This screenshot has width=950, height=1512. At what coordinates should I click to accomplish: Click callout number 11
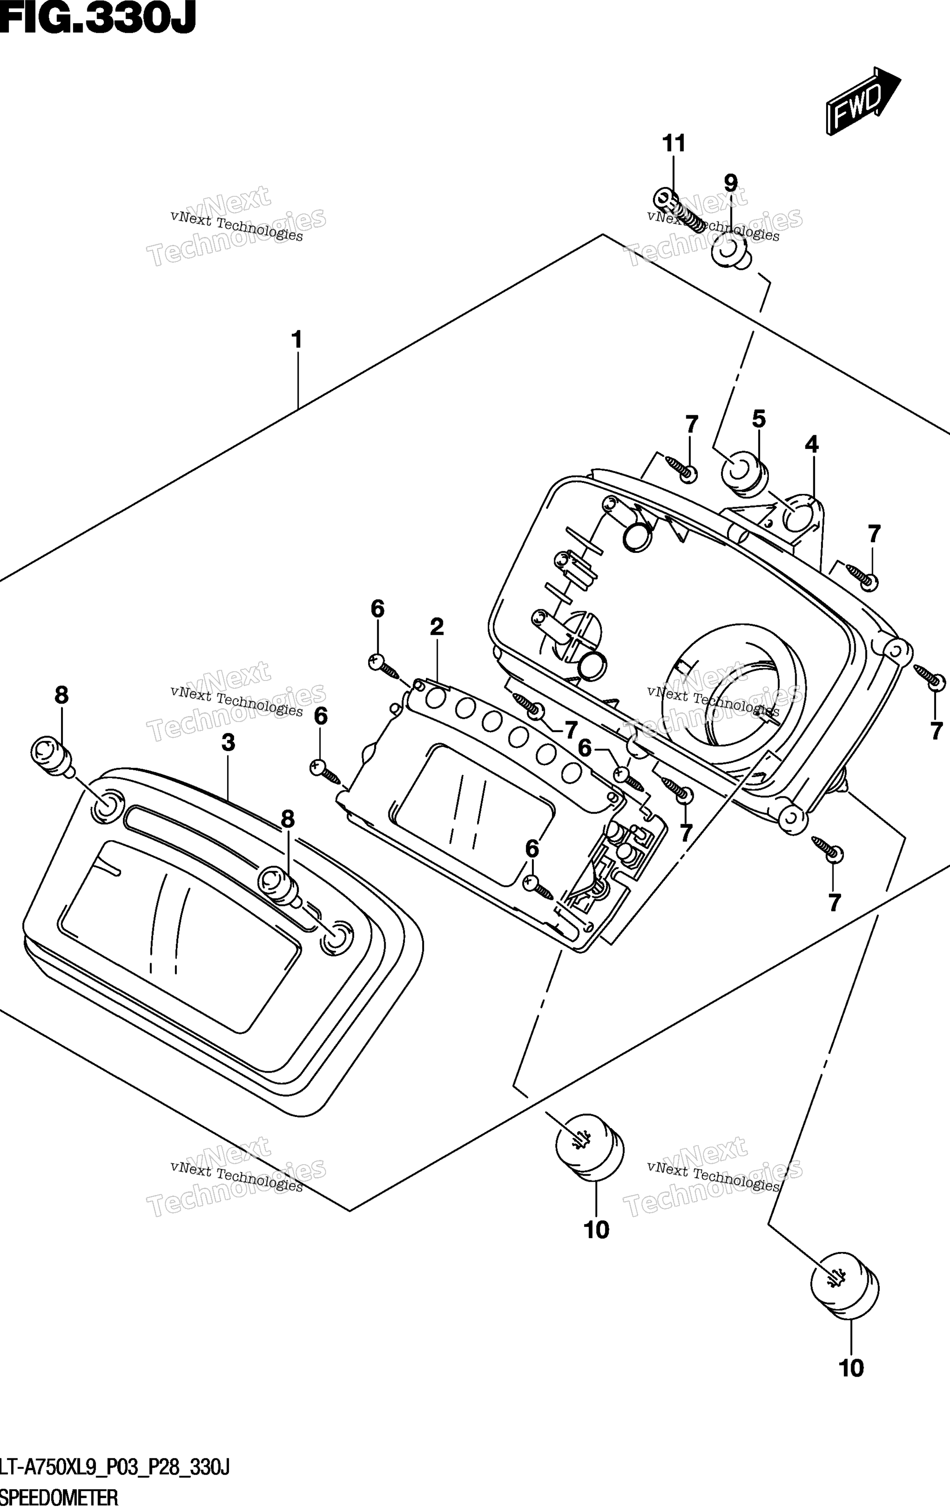pyautogui.click(x=674, y=144)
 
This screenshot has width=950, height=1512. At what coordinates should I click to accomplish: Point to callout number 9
pyautogui.click(x=730, y=183)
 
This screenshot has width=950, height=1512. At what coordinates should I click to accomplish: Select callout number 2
pyautogui.click(x=437, y=627)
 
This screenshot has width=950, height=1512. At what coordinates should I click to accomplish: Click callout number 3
pyautogui.click(x=228, y=743)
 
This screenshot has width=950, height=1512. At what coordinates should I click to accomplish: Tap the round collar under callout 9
pyautogui.click(x=731, y=254)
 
